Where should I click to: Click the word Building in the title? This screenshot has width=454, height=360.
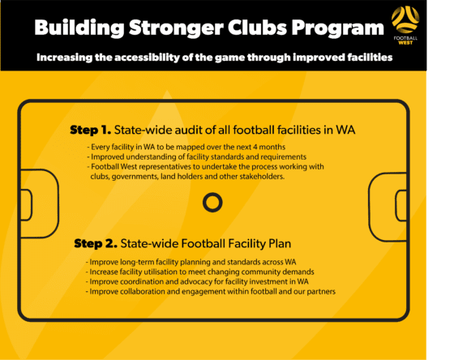click(76, 28)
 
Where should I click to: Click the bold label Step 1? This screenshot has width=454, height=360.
click(91, 130)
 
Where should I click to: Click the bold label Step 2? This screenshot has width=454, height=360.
click(95, 242)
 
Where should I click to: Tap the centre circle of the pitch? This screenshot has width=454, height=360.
click(212, 201)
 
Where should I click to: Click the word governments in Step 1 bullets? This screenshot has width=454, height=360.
click(140, 177)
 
